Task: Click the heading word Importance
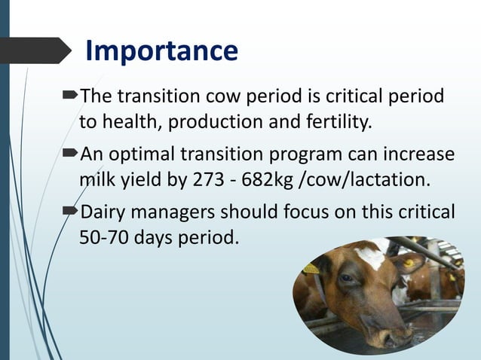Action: pos(161,50)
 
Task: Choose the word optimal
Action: pos(144,154)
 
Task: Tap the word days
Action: pos(160,236)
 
